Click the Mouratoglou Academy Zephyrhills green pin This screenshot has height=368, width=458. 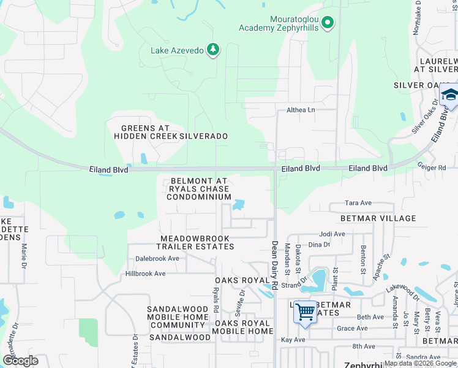328,23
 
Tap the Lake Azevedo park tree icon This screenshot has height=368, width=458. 212,50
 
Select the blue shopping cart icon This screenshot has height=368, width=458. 304,312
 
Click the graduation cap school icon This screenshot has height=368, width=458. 449,96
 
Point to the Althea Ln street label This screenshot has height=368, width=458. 301,110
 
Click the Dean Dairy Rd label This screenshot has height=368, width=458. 275,266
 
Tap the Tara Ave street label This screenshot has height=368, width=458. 358,203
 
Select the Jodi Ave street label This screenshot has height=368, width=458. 332,234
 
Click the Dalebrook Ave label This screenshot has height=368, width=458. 157,259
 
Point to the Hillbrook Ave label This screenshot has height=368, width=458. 146,274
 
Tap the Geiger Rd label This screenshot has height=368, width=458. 434,167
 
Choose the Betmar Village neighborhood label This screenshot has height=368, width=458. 378,218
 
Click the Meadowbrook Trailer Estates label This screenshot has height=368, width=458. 195,242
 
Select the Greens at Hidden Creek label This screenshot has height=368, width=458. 145,132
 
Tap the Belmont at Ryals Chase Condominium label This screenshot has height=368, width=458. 199,189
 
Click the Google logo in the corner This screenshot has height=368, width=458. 21,360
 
